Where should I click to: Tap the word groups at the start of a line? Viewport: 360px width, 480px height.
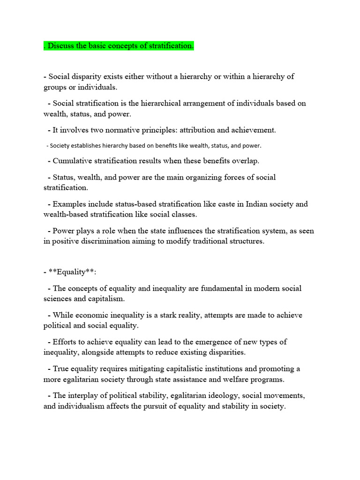tap(55, 87)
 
